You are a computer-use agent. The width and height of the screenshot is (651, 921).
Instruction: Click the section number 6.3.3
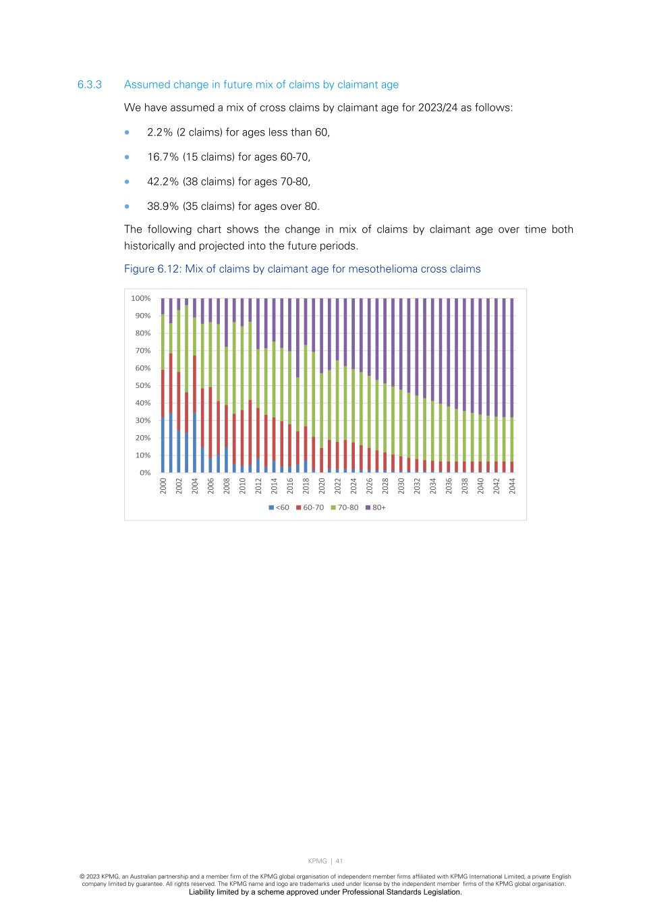coord(89,85)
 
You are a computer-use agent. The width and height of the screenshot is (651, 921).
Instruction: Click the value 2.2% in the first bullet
coord(160,132)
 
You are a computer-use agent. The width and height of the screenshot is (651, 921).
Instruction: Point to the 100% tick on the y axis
coord(141,298)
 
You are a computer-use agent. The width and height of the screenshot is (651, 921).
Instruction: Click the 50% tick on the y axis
coord(142,386)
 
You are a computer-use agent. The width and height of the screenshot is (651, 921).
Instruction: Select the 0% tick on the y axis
coord(145,473)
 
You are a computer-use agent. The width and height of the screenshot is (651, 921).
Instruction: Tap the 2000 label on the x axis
coord(163,486)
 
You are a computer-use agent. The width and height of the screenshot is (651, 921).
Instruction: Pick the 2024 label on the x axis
coord(353,486)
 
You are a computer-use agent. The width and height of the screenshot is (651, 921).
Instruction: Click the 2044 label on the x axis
coord(512,486)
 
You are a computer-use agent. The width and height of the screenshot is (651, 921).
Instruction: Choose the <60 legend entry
coord(279,507)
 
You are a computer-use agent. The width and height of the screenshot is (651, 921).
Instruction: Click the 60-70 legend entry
coord(310,507)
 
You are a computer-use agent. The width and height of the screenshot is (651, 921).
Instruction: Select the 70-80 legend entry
coord(345,507)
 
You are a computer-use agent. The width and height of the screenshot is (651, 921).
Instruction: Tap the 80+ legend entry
coord(376,507)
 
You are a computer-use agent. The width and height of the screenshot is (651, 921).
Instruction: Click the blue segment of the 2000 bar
coord(163,445)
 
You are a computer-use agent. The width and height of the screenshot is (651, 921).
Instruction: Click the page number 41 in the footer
coord(339,861)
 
